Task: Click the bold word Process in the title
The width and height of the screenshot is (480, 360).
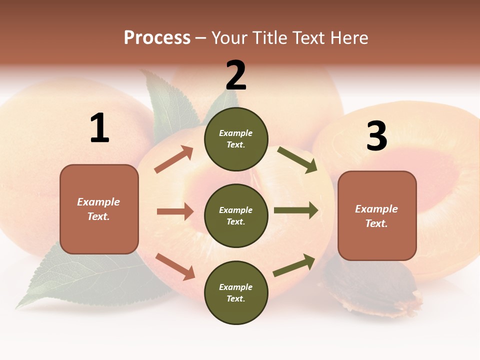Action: [x=157, y=38]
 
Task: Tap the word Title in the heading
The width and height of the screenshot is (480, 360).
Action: [x=269, y=38]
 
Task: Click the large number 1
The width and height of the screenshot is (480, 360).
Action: [x=99, y=128]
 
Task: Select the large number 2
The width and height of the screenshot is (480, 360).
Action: [x=236, y=75]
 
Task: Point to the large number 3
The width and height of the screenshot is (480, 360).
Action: [x=376, y=136]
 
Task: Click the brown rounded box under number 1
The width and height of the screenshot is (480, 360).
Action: [x=99, y=209]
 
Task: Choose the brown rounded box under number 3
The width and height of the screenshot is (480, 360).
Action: [x=377, y=216]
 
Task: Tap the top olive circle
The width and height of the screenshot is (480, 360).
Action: [x=236, y=139]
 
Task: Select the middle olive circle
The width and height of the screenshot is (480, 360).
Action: [x=236, y=216]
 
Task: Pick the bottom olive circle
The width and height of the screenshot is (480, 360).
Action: [x=236, y=293]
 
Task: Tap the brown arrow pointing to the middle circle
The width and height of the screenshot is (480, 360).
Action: [x=175, y=211]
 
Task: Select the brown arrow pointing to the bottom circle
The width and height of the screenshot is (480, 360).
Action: [x=175, y=266]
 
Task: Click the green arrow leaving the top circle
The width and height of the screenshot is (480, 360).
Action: [x=297, y=160]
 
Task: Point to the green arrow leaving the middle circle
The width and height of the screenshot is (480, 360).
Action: [x=296, y=210]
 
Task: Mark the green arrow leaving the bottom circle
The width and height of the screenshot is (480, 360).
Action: [x=294, y=265]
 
